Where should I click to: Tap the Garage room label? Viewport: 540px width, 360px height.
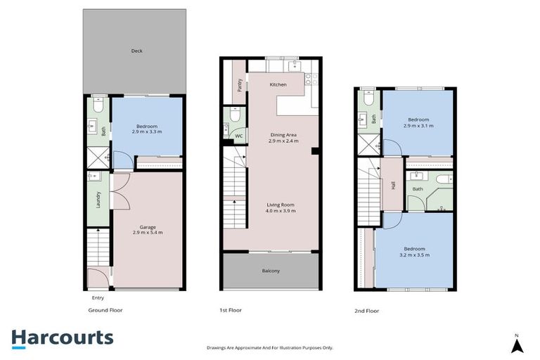147,227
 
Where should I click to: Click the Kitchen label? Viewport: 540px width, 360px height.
278,84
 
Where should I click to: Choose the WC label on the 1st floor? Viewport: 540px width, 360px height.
238,136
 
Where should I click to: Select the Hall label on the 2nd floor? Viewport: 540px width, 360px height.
393,186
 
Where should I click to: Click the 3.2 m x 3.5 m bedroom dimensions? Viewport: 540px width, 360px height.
415,255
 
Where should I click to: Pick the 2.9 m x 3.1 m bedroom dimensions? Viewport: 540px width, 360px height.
418,125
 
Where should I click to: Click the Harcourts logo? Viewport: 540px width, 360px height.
62,337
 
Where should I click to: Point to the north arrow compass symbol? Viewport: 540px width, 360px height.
517,345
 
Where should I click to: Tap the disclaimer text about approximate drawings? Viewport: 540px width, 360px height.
269,347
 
